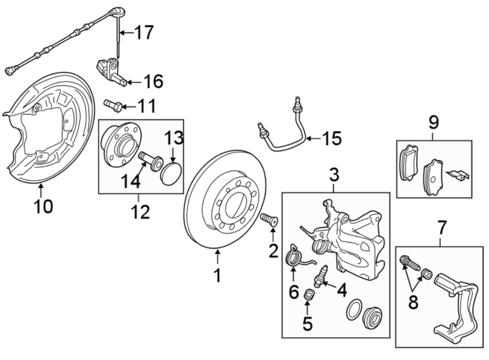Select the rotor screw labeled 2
pyautogui.click(x=269, y=221)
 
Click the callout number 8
pyautogui.click(x=413, y=302)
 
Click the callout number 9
pyautogui.click(x=434, y=122)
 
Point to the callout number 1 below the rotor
pyautogui.click(x=217, y=276)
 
